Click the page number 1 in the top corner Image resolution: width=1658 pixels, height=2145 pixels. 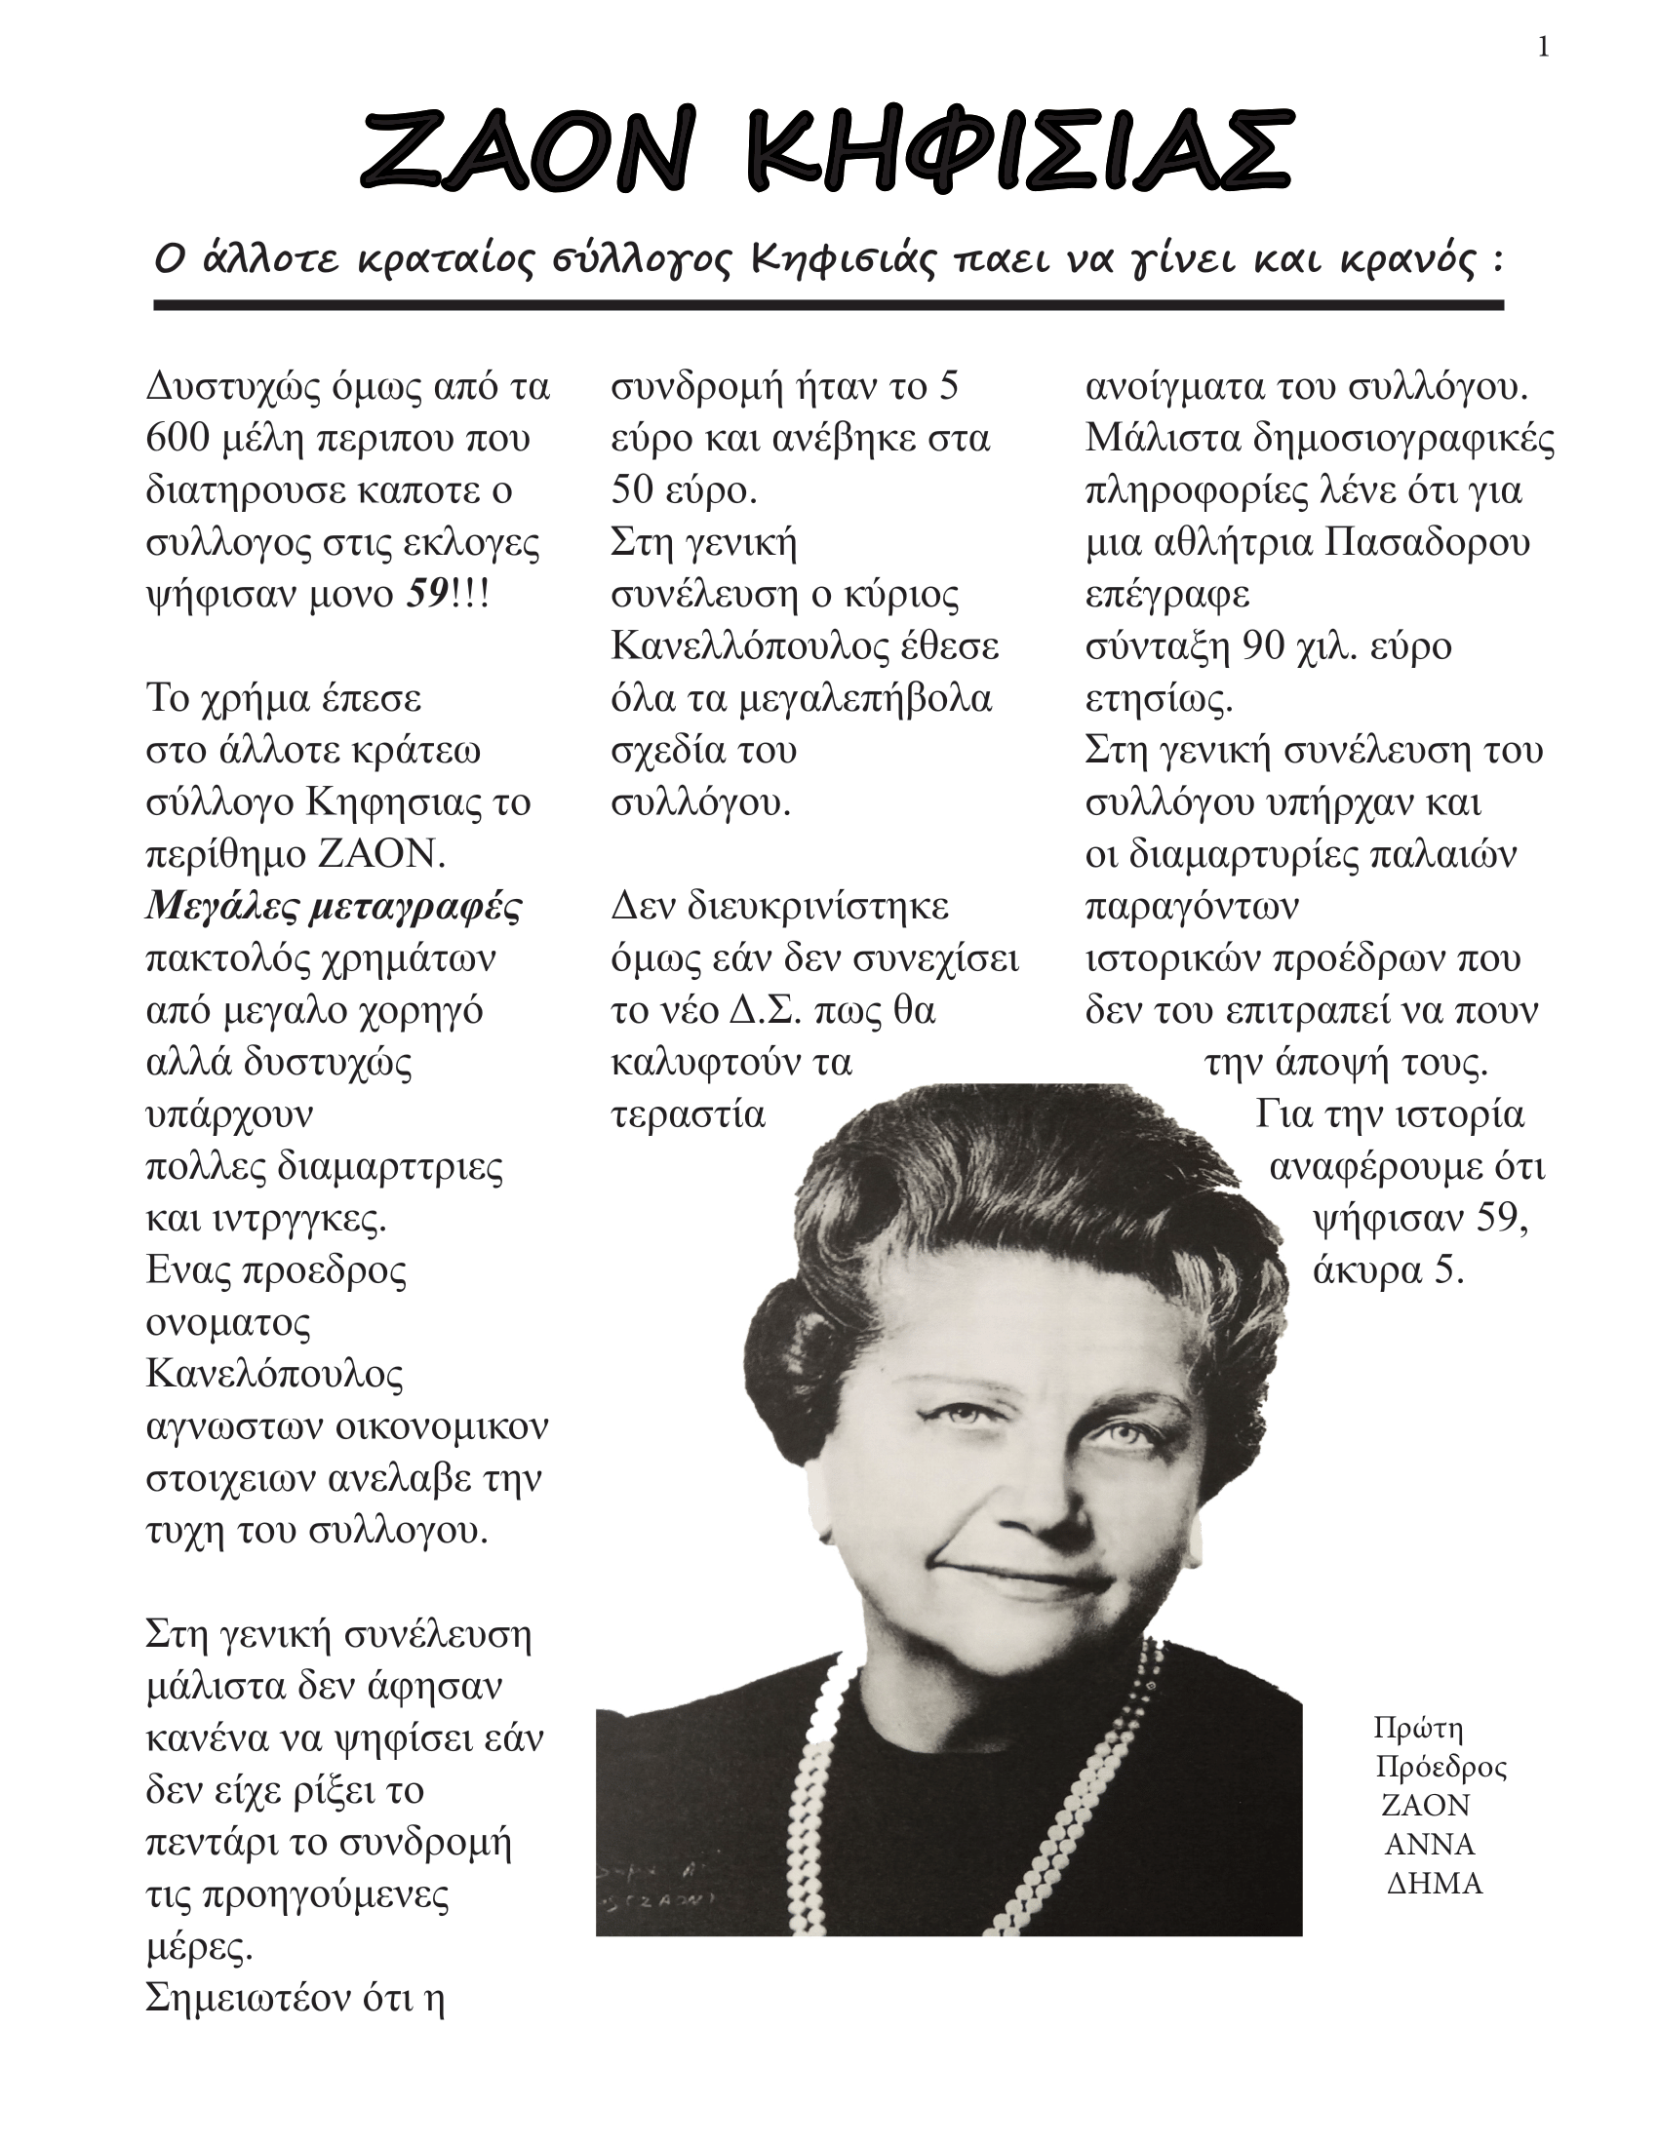(1543, 47)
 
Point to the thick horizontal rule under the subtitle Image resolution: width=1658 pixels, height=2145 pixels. (828, 305)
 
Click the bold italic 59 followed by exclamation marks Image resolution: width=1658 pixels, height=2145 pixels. (428, 594)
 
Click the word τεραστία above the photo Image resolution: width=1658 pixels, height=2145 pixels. (688, 1114)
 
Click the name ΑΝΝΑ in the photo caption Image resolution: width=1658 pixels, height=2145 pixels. (1429, 1845)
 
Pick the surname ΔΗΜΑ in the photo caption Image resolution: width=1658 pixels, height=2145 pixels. (1433, 1884)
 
